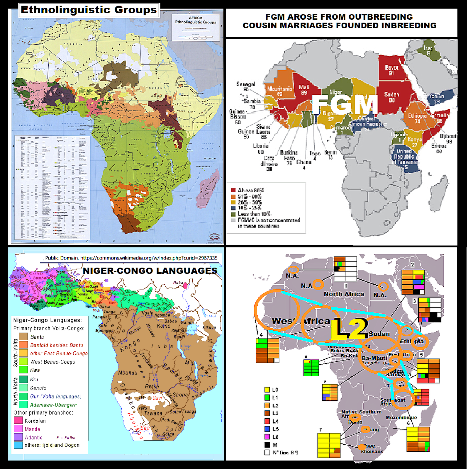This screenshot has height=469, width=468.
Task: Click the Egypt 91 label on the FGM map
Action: click(391, 70)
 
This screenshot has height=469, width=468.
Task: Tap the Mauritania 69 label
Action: click(279, 91)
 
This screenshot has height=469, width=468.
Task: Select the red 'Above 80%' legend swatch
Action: click(233, 190)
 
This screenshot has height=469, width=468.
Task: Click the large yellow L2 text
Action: click(349, 329)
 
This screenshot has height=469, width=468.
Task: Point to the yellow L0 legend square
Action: click(267, 390)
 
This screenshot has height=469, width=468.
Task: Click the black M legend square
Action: click(267, 445)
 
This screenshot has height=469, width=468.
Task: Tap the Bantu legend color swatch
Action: click(23, 337)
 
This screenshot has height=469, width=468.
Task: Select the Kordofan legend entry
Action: click(35, 421)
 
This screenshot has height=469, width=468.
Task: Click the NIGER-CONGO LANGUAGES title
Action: click(150, 271)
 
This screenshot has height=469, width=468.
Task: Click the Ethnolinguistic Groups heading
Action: click(89, 10)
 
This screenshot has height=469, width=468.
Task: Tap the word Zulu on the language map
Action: click(173, 429)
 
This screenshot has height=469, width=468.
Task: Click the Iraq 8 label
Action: click(428, 50)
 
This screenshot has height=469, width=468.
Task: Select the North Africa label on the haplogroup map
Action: click(344, 294)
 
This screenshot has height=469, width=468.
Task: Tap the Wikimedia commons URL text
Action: click(149, 258)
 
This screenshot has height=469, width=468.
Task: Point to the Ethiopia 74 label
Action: click(417, 118)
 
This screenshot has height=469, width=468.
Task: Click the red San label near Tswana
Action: click(157, 398)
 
